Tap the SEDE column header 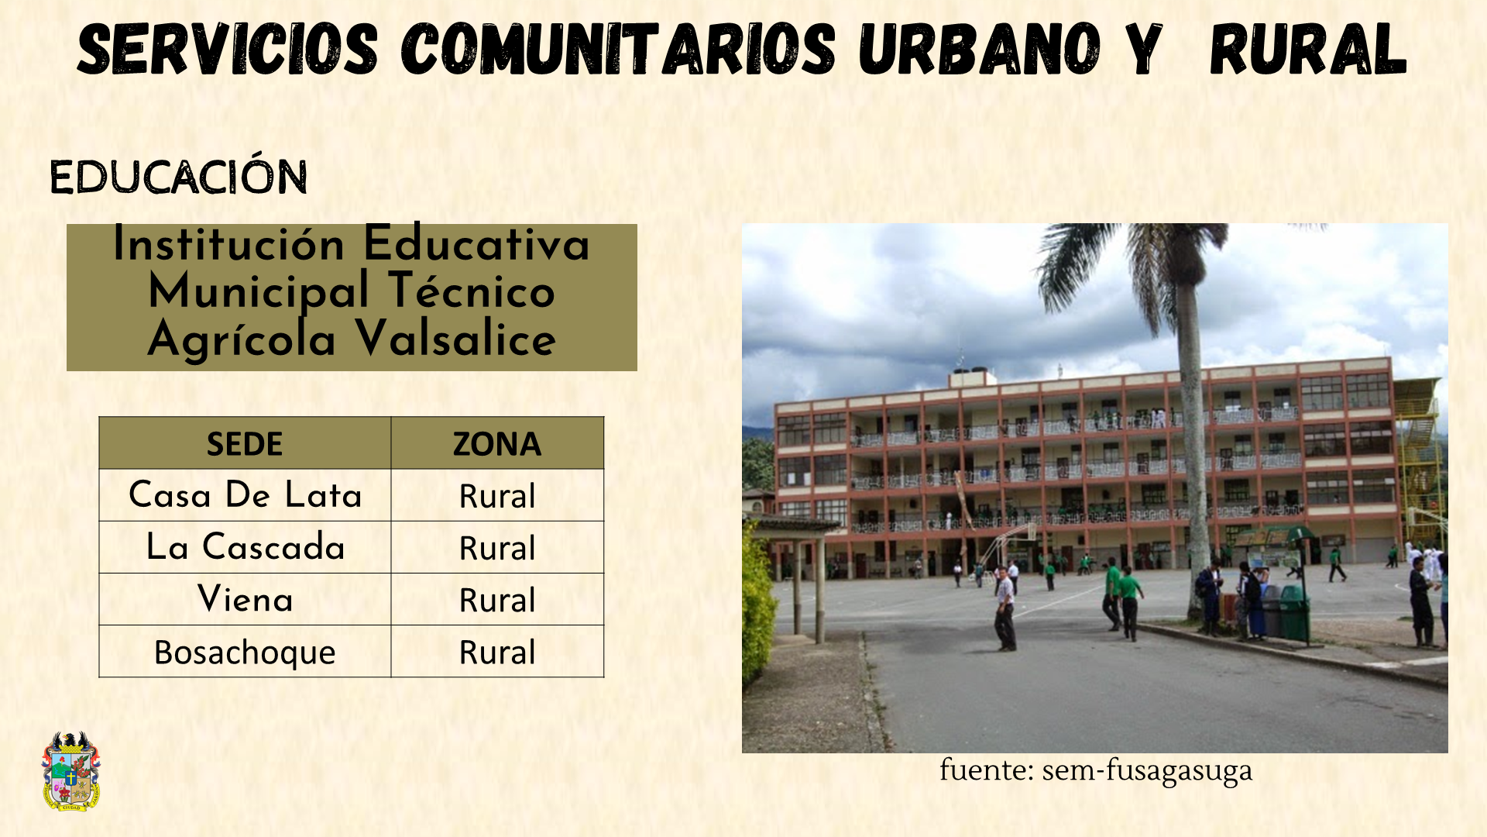tap(245, 443)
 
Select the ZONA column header tap(497, 443)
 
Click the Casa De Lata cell tap(245, 495)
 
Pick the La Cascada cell tap(245, 547)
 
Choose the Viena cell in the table tap(245, 599)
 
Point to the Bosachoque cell tap(245, 652)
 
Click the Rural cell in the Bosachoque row tap(497, 652)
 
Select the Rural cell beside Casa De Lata tap(497, 495)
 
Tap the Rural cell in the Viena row tap(497, 599)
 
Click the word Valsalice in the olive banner tap(455, 339)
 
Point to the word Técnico tap(472, 291)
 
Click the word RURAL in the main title tap(1307, 50)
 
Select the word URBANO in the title tap(979, 50)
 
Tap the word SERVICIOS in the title tap(228, 50)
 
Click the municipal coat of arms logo tap(70, 771)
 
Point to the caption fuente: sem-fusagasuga tap(1095, 770)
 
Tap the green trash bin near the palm tap(1293, 612)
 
